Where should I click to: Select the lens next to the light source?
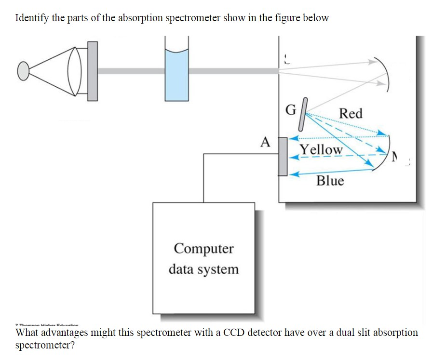75,71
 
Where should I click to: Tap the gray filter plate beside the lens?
92,71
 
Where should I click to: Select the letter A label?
264,142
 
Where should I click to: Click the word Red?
351,114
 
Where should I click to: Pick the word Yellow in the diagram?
321,149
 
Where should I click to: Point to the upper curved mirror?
384,71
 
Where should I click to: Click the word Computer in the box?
203,249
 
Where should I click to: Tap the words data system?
203,269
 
